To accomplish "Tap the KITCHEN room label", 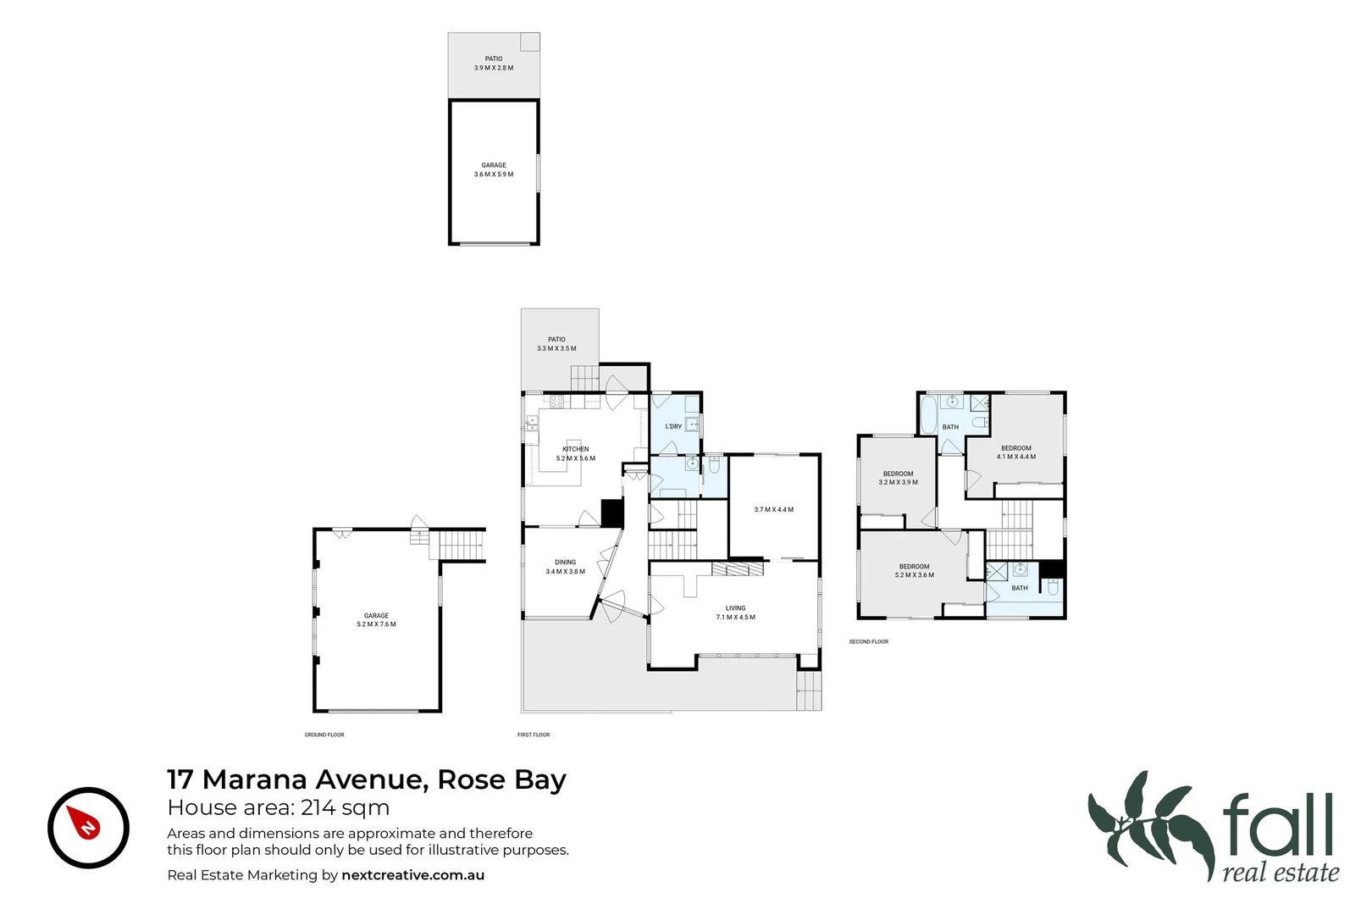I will click(x=576, y=450).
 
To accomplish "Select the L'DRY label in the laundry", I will click(x=673, y=427).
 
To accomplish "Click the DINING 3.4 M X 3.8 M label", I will click(x=565, y=567).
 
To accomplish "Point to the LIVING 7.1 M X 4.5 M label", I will click(x=735, y=613).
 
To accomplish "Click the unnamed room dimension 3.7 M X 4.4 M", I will click(x=773, y=510).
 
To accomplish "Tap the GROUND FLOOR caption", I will click(x=324, y=735).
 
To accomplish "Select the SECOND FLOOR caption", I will click(x=868, y=642).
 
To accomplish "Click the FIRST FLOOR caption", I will click(x=534, y=735).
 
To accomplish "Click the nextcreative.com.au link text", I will click(x=412, y=875).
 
